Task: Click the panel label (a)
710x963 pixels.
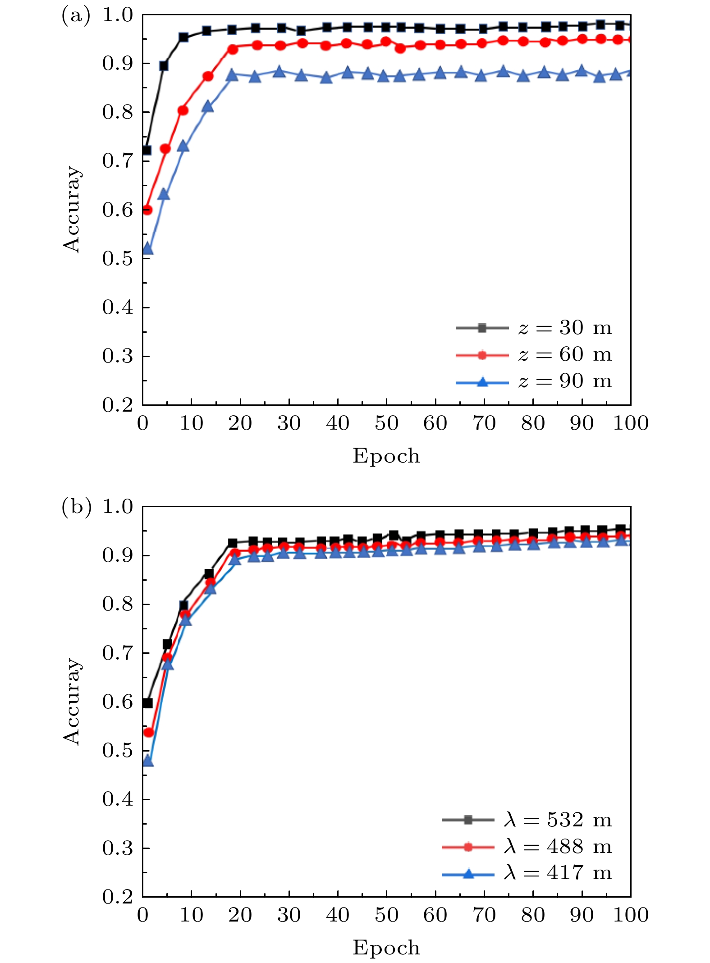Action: pyautogui.click(x=76, y=16)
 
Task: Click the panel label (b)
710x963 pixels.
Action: pyautogui.click(x=76, y=508)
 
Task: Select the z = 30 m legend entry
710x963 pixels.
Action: pyautogui.click(x=534, y=328)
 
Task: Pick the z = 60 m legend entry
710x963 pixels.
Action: pyautogui.click(x=534, y=355)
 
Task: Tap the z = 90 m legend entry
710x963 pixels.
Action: pyautogui.click(x=534, y=382)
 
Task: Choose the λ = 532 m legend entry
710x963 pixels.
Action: pyautogui.click(x=527, y=820)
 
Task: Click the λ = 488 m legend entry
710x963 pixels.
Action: pyautogui.click(x=527, y=847)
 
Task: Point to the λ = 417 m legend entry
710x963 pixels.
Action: pyautogui.click(x=527, y=873)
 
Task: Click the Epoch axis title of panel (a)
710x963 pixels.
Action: pyautogui.click(x=386, y=456)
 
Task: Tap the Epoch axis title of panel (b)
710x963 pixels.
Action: pyautogui.click(x=386, y=948)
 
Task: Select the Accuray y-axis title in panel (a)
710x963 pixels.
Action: pyautogui.click(x=72, y=209)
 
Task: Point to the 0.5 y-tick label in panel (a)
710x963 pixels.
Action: pyautogui.click(x=118, y=258)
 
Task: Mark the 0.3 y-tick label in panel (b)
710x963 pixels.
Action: pyautogui.click(x=118, y=848)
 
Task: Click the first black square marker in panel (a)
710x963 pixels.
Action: pyautogui.click(x=147, y=150)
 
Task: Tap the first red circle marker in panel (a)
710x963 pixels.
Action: pyautogui.click(x=147, y=210)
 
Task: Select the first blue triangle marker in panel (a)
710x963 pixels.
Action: pyautogui.click(x=147, y=249)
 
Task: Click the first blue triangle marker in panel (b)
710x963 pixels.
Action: pyautogui.click(x=148, y=761)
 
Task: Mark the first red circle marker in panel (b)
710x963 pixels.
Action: pyautogui.click(x=149, y=733)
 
